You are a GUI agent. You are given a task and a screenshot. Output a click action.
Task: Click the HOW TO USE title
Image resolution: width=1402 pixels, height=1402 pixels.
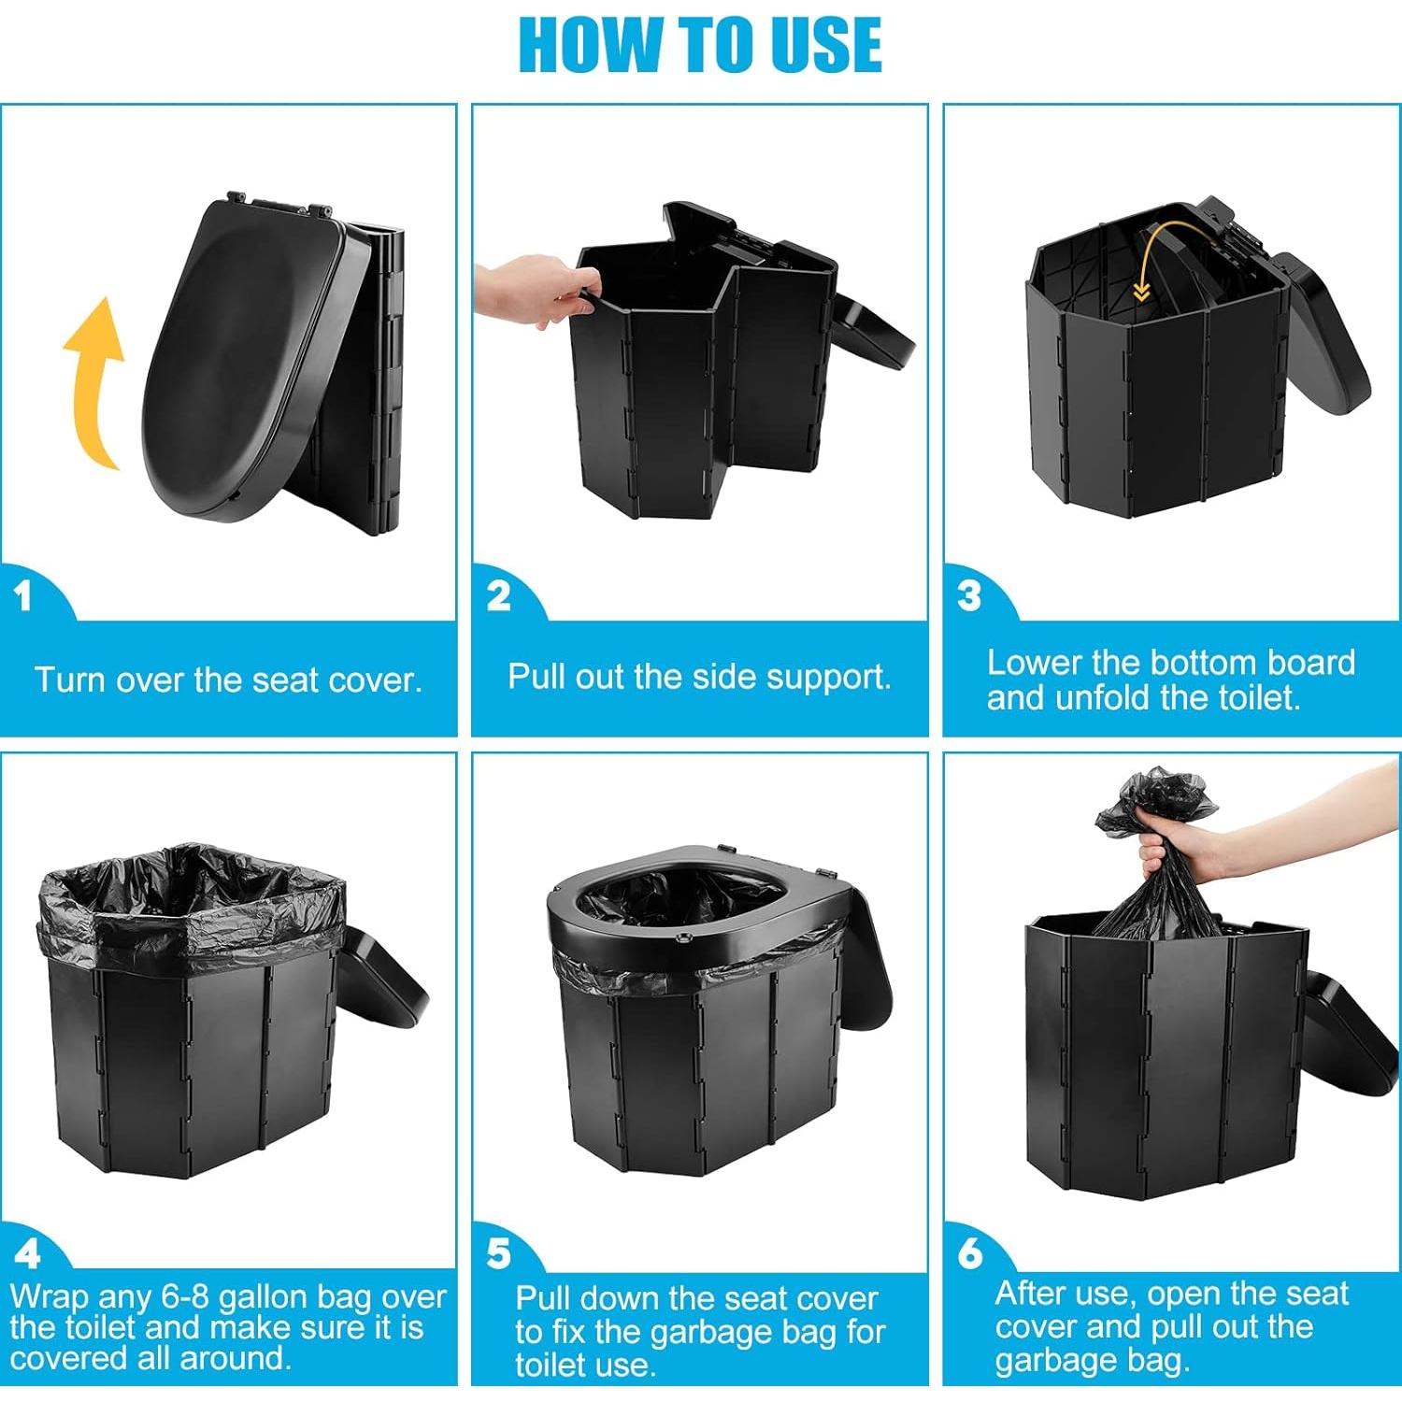pos(700,44)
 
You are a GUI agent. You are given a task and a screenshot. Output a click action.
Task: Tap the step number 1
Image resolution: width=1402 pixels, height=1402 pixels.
pos(23,595)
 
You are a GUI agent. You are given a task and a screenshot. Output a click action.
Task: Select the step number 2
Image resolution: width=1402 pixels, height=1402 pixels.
pos(499,595)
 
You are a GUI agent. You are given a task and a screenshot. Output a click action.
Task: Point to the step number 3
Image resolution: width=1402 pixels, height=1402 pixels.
pos(969,595)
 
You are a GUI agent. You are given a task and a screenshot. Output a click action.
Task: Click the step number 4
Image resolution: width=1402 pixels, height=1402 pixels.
pos(28,1253)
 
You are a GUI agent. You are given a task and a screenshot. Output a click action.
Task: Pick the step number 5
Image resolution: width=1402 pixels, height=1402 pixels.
pos(499,1253)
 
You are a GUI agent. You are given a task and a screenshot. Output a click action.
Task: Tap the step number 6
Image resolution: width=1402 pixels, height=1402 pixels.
pos(970,1252)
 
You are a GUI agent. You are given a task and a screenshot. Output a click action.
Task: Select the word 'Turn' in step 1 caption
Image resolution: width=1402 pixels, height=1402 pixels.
pos(68,680)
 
